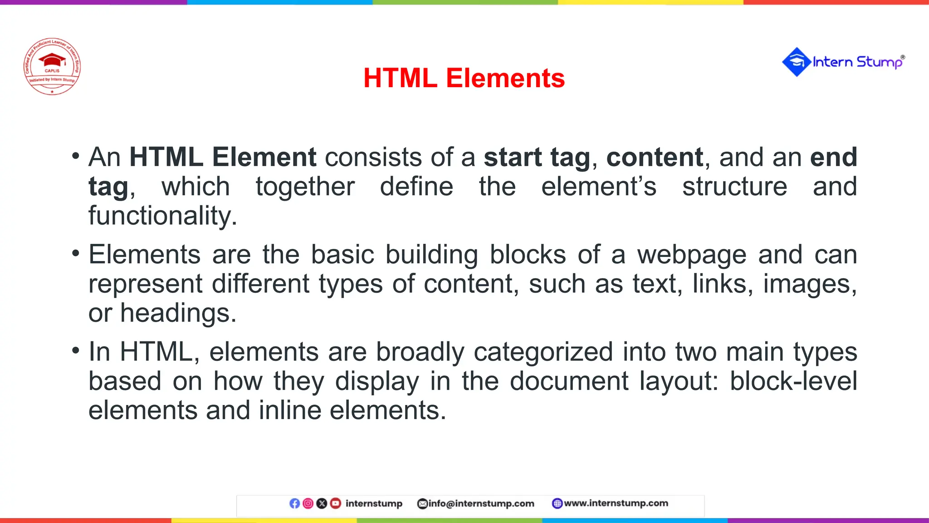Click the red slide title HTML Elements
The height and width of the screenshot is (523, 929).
[x=464, y=78]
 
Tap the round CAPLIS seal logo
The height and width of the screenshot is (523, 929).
[x=52, y=66]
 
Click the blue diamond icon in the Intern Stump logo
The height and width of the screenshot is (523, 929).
[x=796, y=62]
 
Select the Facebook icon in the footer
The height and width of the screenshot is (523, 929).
[x=294, y=503]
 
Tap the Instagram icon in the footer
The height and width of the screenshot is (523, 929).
[x=308, y=503]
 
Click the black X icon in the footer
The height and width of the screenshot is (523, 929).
[x=322, y=503]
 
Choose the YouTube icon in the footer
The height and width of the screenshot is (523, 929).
[x=335, y=503]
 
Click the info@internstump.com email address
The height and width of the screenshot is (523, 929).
[x=481, y=503]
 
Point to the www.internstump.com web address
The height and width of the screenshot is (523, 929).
[x=616, y=503]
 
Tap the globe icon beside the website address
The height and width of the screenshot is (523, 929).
[x=557, y=503]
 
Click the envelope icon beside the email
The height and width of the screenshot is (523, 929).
[x=422, y=503]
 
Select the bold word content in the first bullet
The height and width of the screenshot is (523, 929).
[x=655, y=157]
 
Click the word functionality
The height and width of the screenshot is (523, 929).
[x=162, y=216]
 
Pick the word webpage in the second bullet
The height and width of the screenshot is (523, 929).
[x=691, y=255]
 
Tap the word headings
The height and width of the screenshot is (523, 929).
[x=178, y=313]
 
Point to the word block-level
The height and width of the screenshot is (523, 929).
[x=793, y=381]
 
